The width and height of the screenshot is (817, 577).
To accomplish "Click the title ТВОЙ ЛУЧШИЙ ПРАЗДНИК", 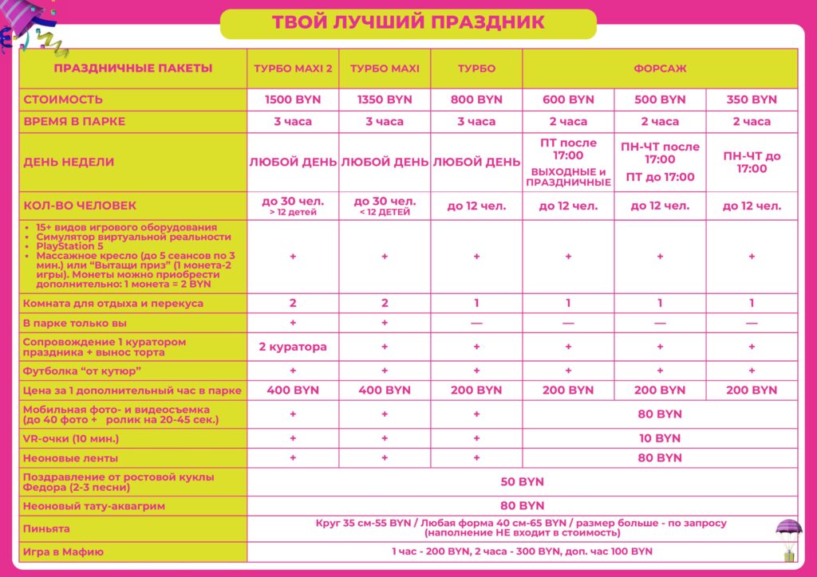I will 408,23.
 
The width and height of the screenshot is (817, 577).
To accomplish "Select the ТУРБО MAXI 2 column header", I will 293,69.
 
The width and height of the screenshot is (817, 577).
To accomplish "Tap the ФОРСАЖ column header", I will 660,69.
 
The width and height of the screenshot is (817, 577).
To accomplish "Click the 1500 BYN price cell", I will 293,100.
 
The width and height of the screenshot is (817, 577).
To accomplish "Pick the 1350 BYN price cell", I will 385,100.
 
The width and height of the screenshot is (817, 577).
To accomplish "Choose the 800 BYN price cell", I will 476,100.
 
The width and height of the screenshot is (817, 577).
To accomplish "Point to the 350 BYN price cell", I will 752,100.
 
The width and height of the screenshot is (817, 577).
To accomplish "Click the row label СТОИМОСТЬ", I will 64,100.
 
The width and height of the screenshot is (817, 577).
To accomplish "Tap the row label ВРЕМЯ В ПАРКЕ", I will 75,122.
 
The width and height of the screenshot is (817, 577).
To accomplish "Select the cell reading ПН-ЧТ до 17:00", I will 752,162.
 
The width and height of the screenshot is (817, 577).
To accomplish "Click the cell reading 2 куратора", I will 293,347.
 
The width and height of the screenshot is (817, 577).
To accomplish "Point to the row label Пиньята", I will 47,528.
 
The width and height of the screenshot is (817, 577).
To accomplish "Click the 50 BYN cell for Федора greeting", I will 522,482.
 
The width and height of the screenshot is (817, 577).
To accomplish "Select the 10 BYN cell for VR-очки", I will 660,438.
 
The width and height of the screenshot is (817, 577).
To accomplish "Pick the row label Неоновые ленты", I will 70,458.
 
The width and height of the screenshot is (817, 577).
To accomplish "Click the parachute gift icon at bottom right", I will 789,536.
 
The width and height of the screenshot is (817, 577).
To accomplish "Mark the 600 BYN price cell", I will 568,100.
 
